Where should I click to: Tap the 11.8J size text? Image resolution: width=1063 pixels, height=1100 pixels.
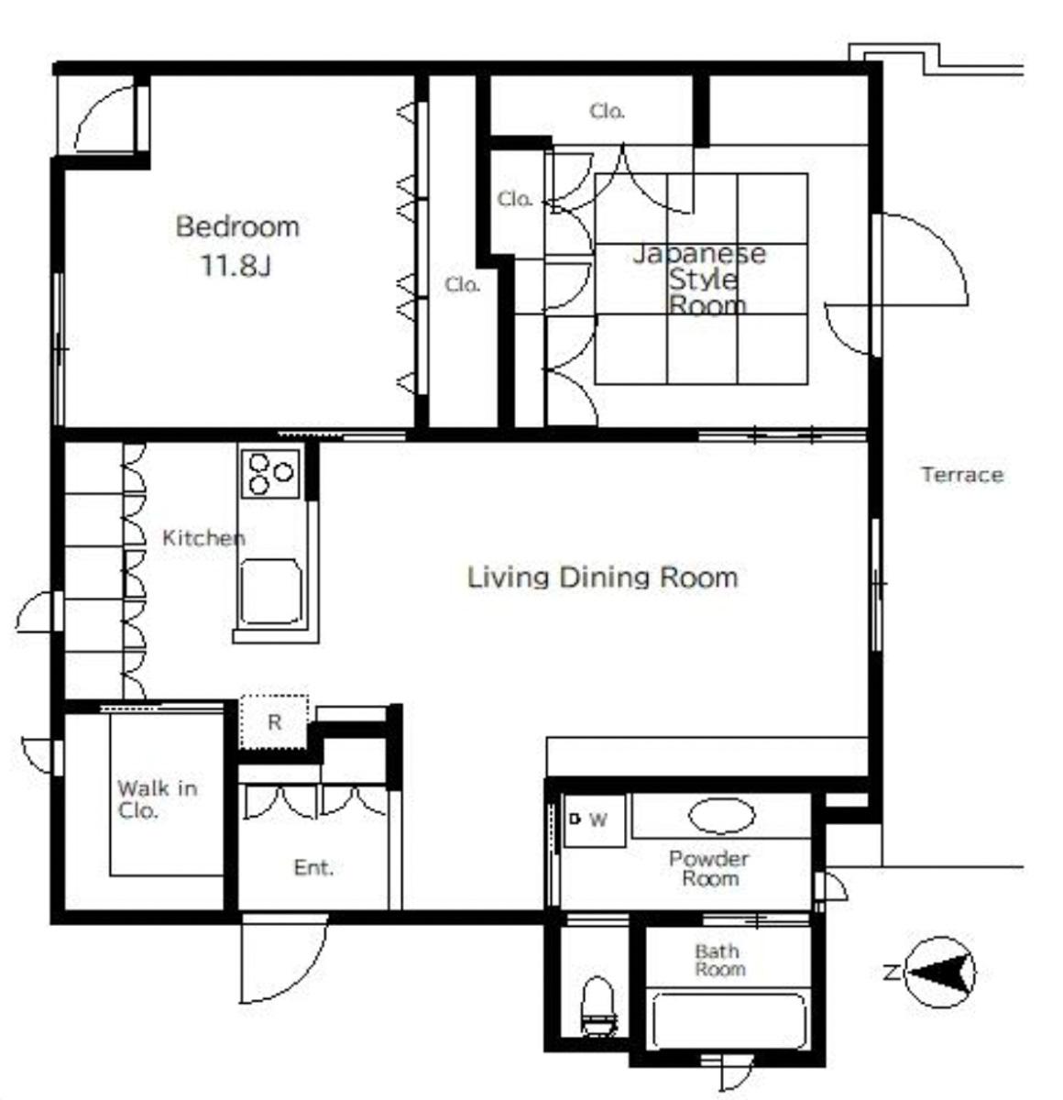(x=236, y=265)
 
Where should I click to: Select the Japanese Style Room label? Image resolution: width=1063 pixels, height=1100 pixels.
(x=699, y=280)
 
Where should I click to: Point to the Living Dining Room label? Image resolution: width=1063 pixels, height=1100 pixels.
(x=603, y=577)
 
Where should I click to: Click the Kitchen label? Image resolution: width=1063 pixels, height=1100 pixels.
(x=203, y=537)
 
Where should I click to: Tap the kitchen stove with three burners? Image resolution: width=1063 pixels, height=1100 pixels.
(x=270, y=474)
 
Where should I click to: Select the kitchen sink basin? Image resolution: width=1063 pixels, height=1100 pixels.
(x=270, y=592)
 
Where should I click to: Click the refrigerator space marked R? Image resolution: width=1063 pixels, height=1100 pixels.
(x=274, y=721)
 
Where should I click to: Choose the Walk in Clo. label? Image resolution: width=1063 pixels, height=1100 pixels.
(x=157, y=799)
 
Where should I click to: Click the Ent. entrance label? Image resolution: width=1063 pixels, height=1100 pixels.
(x=313, y=867)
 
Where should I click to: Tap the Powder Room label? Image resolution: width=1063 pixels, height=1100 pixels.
(x=710, y=868)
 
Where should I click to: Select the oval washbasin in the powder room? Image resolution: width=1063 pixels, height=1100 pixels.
(x=721, y=816)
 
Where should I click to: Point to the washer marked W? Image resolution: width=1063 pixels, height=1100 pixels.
(x=595, y=820)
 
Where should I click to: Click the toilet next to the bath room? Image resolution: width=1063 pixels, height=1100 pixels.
(x=598, y=1006)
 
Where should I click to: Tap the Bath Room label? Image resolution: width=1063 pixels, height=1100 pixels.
(x=720, y=960)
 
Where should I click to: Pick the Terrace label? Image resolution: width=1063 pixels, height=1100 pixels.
(x=962, y=475)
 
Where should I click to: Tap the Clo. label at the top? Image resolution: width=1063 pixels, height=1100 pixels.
(x=607, y=111)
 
